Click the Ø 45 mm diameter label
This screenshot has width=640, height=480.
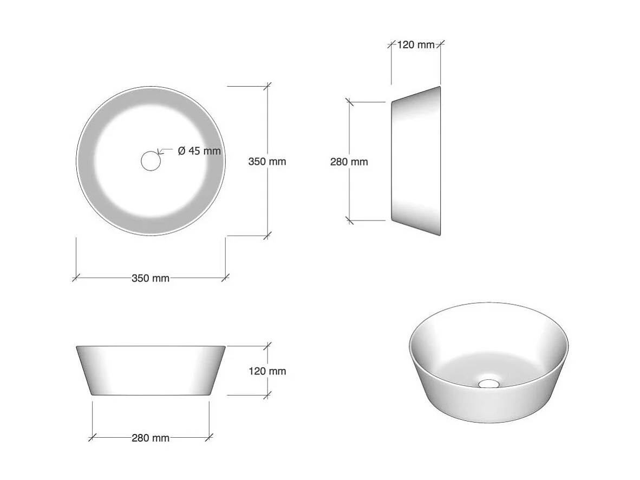coord(199,151)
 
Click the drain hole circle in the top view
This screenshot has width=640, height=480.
coord(151,161)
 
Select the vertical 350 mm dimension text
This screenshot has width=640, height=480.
coord(267,161)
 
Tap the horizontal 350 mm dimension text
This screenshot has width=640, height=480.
coord(151,278)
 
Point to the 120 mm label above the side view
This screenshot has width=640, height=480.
coord(416,45)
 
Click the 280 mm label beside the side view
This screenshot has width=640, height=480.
coord(349,161)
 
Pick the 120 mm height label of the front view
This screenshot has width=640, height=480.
coord(267,371)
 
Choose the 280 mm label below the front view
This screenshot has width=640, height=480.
coord(151,438)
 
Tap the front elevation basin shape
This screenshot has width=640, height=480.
coord(151,370)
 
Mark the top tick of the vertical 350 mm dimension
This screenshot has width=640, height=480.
coord(267,86)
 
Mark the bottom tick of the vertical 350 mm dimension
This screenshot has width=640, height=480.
coord(267,236)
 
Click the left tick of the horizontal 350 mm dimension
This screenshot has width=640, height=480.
coord(76,278)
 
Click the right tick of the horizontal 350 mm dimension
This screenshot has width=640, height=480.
coord(226,278)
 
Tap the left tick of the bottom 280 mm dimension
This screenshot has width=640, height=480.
coord(92,437)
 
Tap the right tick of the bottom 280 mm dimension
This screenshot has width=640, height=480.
coord(210,437)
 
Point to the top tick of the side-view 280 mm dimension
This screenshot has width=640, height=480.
coord(349,101)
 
